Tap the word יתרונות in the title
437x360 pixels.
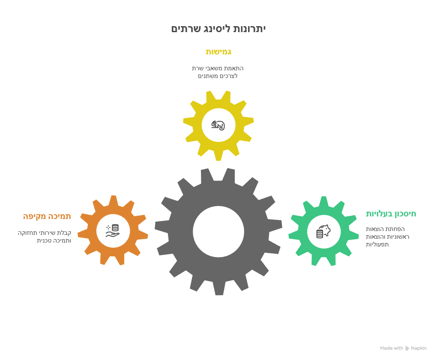click(249, 29)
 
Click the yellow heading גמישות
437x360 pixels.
click(218, 52)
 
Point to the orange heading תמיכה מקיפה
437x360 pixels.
click(47, 216)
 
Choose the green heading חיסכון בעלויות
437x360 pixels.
click(391, 214)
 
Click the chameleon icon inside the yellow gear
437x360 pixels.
click(218, 125)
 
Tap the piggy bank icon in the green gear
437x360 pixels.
click(323, 231)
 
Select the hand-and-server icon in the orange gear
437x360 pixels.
click(112, 231)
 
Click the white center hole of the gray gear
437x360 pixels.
click(218, 231)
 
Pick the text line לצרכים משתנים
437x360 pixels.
click(218, 76)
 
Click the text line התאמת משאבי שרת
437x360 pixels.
click(218, 68)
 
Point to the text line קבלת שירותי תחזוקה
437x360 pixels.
click(45, 233)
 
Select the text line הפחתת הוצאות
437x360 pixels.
click(385, 229)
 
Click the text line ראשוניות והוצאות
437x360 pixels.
click(388, 237)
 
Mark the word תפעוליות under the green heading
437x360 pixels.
click(377, 244)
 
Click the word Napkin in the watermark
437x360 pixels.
click(419, 348)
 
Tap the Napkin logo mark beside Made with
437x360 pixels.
click(407, 348)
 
